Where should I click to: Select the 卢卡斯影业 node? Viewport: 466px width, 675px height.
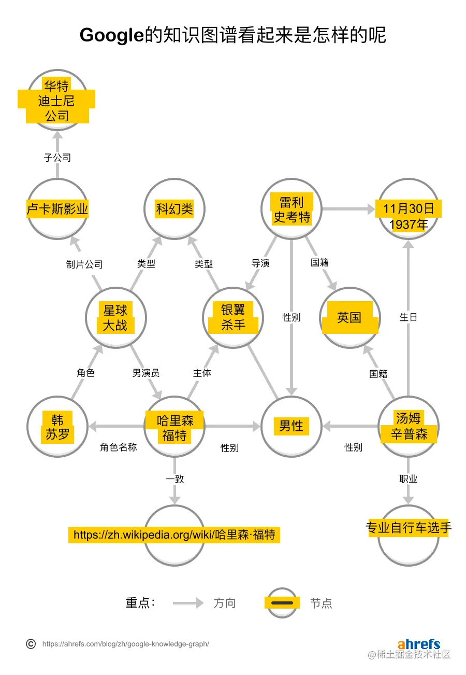click(57, 209)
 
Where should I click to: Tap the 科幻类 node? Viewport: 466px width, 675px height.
click(174, 209)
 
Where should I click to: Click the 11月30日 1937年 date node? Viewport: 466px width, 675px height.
click(409, 216)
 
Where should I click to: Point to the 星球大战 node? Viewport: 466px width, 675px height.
click(115, 318)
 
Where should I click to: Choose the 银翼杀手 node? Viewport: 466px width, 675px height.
click(233, 318)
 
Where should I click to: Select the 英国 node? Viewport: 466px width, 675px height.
click(349, 317)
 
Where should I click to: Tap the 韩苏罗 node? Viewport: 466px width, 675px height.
click(57, 427)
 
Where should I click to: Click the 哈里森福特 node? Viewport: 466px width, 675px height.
click(174, 427)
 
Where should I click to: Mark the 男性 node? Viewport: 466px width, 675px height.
click(292, 426)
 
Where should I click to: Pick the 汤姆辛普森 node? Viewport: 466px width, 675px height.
click(409, 426)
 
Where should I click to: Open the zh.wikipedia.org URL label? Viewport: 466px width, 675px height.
click(174, 535)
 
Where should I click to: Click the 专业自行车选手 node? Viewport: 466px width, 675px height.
click(409, 528)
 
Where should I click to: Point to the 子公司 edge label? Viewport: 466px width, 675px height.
click(57, 158)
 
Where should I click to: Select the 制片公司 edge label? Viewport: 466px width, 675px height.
click(84, 264)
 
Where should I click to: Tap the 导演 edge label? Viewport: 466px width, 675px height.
click(260, 263)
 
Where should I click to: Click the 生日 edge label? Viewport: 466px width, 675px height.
click(409, 317)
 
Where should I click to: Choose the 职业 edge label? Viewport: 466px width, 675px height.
click(409, 479)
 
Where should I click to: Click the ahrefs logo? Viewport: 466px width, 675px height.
click(419, 644)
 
